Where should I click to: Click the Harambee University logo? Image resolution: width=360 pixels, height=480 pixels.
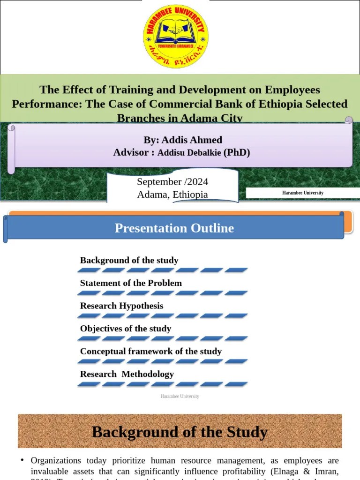[x=176, y=37]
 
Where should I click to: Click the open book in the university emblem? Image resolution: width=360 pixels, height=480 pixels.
[x=176, y=33]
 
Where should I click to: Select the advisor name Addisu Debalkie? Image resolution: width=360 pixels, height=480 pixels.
[x=189, y=153]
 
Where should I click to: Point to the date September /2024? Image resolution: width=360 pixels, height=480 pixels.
[x=172, y=182]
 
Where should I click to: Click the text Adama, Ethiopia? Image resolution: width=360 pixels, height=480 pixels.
[x=172, y=195]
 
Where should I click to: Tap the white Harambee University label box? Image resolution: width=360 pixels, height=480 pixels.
[x=303, y=193]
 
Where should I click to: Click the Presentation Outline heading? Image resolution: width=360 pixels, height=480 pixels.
[x=174, y=228]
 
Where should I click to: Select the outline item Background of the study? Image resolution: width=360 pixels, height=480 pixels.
[x=129, y=260]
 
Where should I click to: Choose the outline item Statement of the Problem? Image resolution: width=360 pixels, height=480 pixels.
[x=131, y=283]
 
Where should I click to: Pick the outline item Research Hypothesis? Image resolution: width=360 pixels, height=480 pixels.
[x=121, y=306]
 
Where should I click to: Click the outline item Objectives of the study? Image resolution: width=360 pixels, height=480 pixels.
[x=125, y=329]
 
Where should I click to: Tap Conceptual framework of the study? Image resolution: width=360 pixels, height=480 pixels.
[x=150, y=351]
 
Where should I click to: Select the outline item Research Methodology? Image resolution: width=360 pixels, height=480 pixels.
[x=127, y=374]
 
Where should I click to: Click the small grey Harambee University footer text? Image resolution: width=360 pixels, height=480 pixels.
[x=180, y=397]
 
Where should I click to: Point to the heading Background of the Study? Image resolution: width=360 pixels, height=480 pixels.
[x=180, y=432]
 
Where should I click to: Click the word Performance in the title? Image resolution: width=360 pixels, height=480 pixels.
[x=46, y=104]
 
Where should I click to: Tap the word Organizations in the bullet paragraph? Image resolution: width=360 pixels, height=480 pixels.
[x=56, y=461]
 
